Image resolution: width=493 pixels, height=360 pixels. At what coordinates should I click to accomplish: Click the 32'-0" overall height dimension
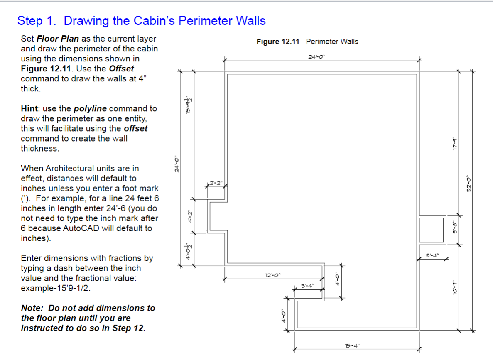pyautogui.click(x=468, y=183)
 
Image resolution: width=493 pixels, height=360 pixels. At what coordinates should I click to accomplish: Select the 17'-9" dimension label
pyautogui.click(x=455, y=144)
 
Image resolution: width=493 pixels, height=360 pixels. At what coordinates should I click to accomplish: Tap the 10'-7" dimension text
pyautogui.click(x=455, y=287)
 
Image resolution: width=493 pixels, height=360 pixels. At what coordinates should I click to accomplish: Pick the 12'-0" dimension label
pyautogui.click(x=273, y=275)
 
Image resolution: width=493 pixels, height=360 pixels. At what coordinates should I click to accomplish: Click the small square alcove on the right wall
pyautogui.click(x=431, y=229)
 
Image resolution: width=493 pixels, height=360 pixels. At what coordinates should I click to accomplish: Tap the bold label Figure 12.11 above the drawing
pyautogui.click(x=279, y=42)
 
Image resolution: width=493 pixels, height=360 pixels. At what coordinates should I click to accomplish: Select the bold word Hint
pyautogui.click(x=30, y=109)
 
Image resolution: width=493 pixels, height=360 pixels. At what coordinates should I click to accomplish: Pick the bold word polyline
pyautogui.click(x=90, y=109)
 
